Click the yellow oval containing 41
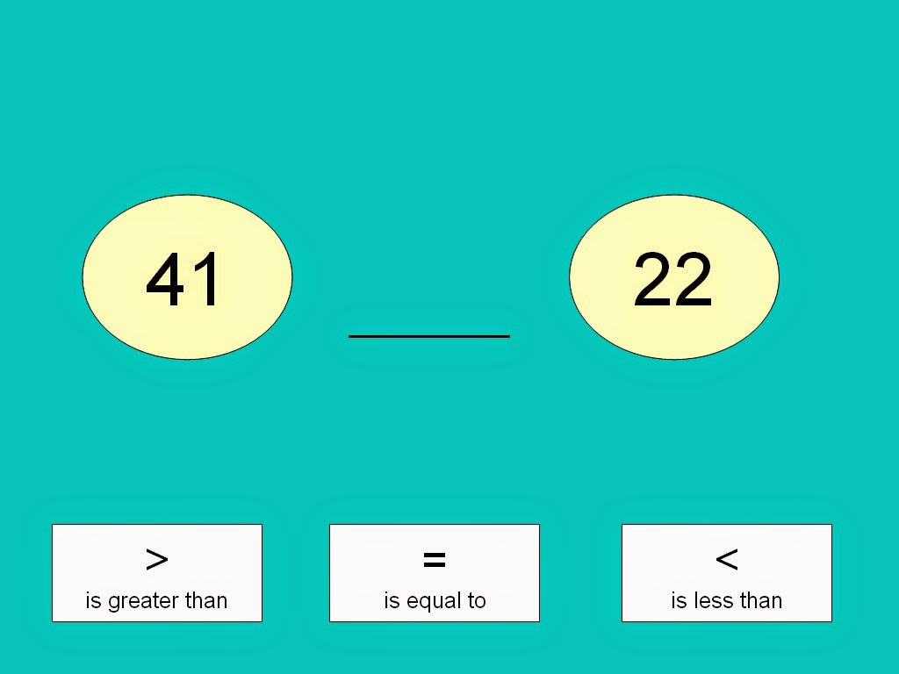(188, 277)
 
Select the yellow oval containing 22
(674, 277)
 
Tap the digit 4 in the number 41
(167, 280)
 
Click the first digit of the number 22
(652, 279)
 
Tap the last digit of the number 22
(694, 279)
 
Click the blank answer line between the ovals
(429, 336)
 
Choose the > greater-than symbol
(157, 559)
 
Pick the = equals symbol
(435, 559)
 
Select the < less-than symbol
(727, 559)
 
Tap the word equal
(434, 602)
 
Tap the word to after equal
(477, 600)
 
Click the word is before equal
(392, 600)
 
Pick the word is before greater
(93, 600)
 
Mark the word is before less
(680, 600)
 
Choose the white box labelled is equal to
(435, 573)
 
